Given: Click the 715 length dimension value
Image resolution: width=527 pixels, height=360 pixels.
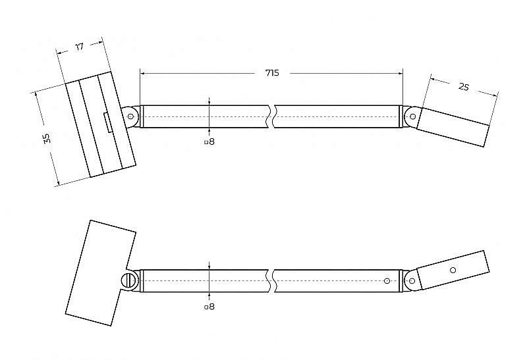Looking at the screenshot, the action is click(272, 73).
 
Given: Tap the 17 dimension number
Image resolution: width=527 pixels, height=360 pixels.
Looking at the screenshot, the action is click(79, 47).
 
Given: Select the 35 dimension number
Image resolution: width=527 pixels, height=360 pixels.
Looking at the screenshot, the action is click(47, 138).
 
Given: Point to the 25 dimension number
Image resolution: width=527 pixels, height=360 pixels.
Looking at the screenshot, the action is click(464, 87).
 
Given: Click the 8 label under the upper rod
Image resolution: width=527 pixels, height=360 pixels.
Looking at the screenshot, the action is click(211, 141).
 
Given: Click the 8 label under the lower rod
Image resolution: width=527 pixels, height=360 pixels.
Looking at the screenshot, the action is click(211, 307).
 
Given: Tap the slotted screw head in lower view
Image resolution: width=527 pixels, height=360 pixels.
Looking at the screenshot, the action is click(128, 280).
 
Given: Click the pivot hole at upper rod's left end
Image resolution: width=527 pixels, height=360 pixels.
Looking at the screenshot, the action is click(130, 116).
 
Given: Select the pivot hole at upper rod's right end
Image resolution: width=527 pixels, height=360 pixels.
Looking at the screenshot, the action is click(413, 116).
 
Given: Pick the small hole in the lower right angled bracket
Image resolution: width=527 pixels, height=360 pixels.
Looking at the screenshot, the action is click(453, 270).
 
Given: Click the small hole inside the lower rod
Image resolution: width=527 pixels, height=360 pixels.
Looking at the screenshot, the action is click(387, 281).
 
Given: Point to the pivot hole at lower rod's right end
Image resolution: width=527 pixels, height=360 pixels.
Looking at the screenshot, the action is click(412, 281).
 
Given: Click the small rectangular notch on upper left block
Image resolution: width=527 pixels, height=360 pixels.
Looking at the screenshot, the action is click(108, 123).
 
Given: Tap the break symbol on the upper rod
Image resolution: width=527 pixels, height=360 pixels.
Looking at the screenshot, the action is click(272, 116).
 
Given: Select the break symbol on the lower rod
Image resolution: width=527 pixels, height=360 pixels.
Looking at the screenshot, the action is click(272, 281).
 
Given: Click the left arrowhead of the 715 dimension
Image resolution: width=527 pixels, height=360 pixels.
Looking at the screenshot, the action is click(142, 73).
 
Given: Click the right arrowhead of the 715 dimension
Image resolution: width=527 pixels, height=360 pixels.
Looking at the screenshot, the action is click(401, 73).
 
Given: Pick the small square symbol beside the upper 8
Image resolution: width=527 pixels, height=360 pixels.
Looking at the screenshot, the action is click(206, 142).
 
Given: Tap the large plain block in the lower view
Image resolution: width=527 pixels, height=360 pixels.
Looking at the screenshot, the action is click(101, 272).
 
